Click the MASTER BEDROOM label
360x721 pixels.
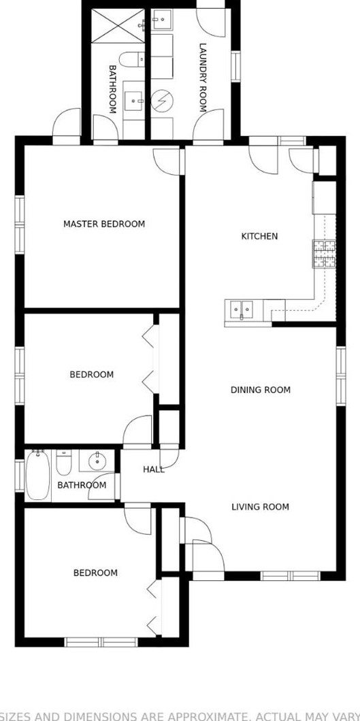pyautogui.click(x=104, y=224)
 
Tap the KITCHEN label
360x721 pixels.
pyautogui.click(x=259, y=237)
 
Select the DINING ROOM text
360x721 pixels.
pyautogui.click(x=261, y=390)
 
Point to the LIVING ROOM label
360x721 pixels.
pyautogui.click(x=260, y=507)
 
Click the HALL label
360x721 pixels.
pyautogui.click(x=153, y=469)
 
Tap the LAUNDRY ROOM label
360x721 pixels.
pyautogui.click(x=202, y=78)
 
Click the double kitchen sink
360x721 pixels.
pyautogui.click(x=241, y=309)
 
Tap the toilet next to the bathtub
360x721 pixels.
pyautogui.click(x=64, y=463)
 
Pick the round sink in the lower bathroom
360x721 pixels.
pyautogui.click(x=97, y=461)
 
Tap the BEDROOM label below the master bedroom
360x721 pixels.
pyautogui.click(x=92, y=375)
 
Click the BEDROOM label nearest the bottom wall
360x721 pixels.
pyautogui.click(x=95, y=573)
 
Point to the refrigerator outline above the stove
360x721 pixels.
pyautogui.click(x=325, y=197)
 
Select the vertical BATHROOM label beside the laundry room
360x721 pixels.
pyautogui.click(x=113, y=89)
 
